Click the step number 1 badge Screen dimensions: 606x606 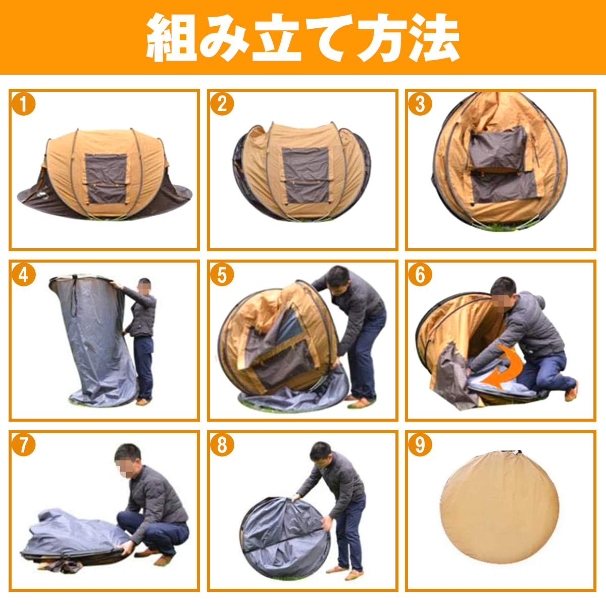click(24, 104)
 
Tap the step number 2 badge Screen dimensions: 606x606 click(222, 104)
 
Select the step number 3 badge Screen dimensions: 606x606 click(420, 104)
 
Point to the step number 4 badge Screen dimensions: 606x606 click(24, 275)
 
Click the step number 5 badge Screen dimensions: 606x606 click(222, 275)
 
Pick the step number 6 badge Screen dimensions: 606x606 click(420, 275)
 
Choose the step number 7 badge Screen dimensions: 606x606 click(24, 444)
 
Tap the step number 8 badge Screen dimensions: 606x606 click(222, 444)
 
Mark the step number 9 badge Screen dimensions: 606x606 click(420, 444)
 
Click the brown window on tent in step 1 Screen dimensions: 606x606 click(106, 178)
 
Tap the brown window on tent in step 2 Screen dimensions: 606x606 click(306, 175)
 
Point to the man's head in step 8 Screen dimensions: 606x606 click(321, 453)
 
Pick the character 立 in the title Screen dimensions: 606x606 click(277, 38)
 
